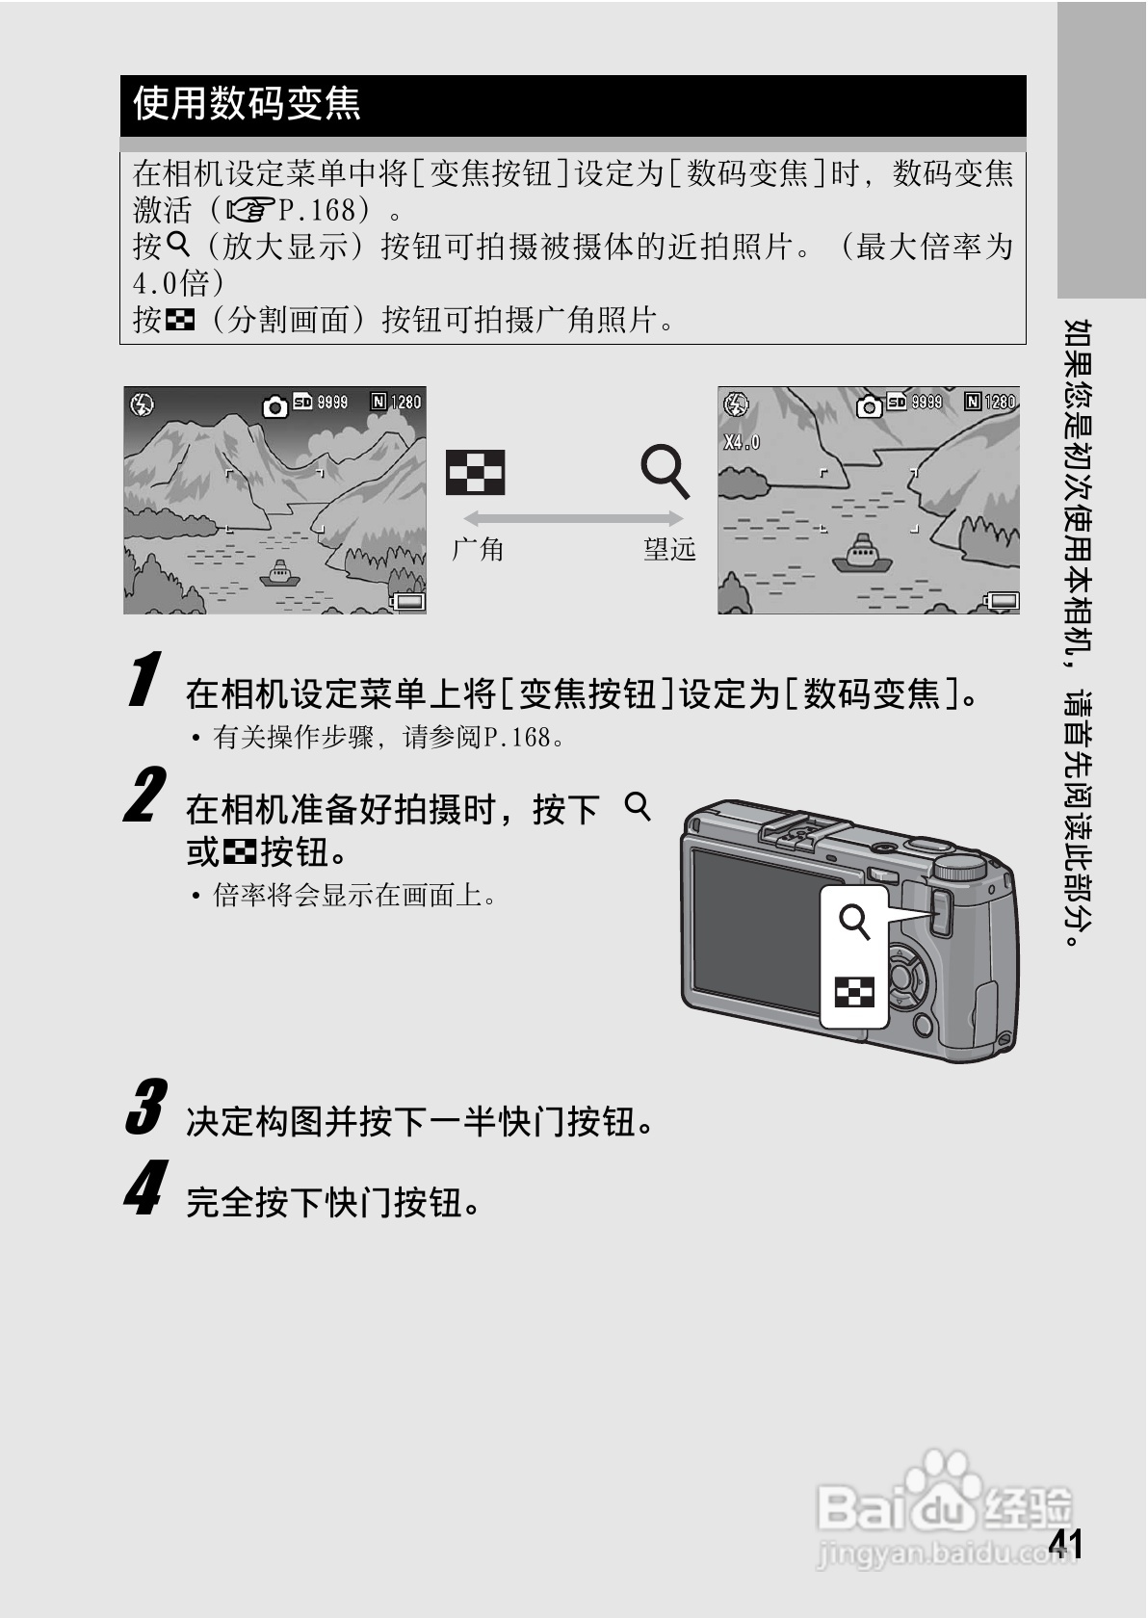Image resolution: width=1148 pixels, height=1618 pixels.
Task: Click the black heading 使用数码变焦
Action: click(247, 104)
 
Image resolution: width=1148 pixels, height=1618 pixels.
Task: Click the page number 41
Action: click(1065, 1543)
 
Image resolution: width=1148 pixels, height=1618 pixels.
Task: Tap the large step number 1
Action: click(144, 679)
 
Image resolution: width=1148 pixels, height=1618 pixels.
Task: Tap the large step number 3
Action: click(145, 1107)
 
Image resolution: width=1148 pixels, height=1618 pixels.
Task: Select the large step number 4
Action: click(144, 1188)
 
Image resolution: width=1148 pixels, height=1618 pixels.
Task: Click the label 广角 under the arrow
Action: click(479, 550)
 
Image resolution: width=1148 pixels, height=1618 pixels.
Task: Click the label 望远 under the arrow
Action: click(669, 550)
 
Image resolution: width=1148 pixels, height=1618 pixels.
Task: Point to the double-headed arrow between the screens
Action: click(573, 518)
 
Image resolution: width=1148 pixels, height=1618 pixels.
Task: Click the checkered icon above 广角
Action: click(475, 473)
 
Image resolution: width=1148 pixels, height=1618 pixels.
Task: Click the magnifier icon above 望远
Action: click(665, 471)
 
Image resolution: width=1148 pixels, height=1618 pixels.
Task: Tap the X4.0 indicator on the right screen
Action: click(742, 442)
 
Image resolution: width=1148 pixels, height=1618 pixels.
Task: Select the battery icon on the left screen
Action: click(408, 602)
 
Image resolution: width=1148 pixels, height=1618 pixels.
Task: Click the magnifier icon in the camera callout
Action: click(854, 921)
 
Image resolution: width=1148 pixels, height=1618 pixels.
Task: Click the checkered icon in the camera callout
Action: click(854, 992)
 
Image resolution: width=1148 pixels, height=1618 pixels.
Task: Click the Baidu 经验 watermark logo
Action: click(944, 1502)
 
